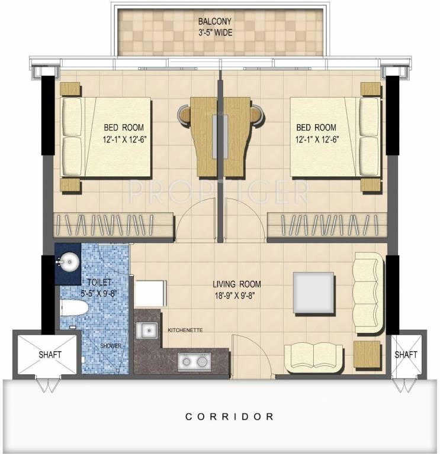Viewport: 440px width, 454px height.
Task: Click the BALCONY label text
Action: tap(214, 21)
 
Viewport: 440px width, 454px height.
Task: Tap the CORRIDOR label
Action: tap(229, 417)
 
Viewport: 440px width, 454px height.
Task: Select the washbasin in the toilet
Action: tap(69, 262)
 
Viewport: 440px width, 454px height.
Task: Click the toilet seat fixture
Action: tap(74, 308)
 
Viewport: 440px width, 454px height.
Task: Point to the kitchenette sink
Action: tap(147, 330)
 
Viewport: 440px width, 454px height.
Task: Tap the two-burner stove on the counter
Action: tap(194, 361)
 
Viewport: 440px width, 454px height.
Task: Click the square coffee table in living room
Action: tap(314, 293)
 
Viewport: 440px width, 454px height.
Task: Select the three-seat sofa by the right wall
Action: tap(368, 293)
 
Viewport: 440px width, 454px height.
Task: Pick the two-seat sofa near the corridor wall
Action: tap(313, 358)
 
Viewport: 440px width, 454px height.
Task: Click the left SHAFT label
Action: tap(50, 355)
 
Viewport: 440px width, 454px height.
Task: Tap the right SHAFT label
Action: tap(406, 355)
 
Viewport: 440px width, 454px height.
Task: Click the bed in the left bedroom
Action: tap(105, 137)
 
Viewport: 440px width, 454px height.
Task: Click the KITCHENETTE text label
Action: tap(185, 330)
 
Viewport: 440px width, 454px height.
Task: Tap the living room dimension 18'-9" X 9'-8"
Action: tap(235, 296)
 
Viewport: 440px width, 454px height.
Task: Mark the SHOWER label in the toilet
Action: tap(111, 346)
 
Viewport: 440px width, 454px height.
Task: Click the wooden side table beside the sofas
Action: tap(367, 354)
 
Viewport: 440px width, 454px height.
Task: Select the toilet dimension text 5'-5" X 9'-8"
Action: tap(99, 293)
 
